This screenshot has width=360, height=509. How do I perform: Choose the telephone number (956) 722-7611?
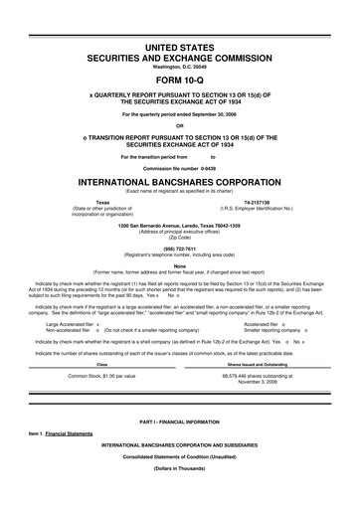[179, 251]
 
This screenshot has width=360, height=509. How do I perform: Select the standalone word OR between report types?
[179, 124]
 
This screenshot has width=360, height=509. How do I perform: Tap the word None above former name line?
[179, 265]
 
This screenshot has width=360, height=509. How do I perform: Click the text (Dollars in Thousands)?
[179, 495]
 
